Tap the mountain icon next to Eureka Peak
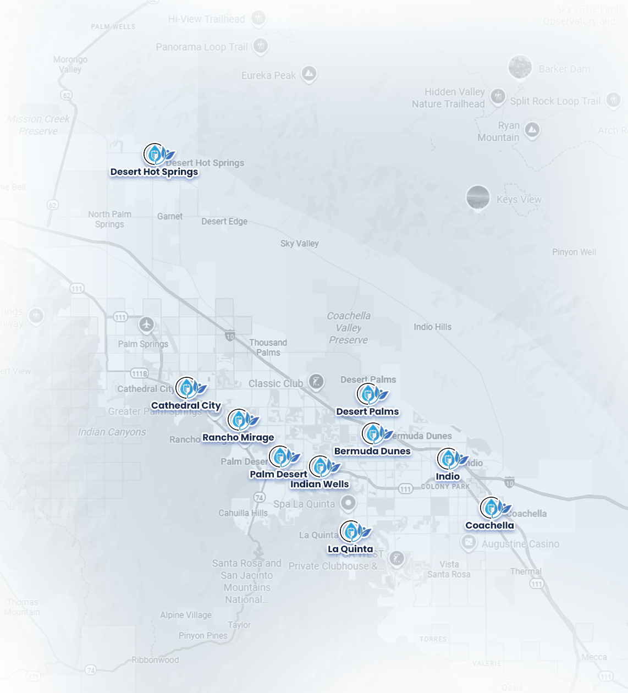pos(309,73)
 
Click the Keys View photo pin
pos(478,197)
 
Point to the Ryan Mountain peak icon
pos(531,130)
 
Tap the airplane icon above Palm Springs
pos(146,324)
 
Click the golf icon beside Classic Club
pos(316,381)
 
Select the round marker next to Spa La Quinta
pos(348,502)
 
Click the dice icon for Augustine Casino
pos(469,543)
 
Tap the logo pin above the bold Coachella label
pos(491,508)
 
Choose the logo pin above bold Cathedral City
pos(187,388)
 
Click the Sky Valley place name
pos(299,244)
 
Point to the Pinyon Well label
pos(574,252)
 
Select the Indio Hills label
pos(432,327)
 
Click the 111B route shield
pos(139,373)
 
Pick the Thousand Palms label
pos(268,347)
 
